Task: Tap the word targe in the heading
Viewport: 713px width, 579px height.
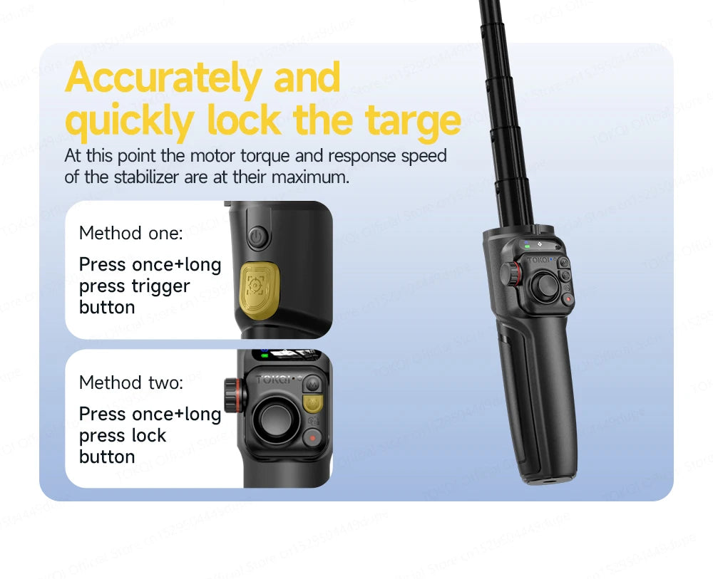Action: pos(413,121)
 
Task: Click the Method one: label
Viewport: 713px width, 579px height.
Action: pos(130,233)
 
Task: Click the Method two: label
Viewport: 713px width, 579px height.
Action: pos(130,382)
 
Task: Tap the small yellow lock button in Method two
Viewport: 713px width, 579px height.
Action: pos(312,405)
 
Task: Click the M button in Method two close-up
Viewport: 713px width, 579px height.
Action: pos(311,384)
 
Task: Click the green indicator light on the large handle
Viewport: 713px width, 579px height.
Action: pos(527,247)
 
